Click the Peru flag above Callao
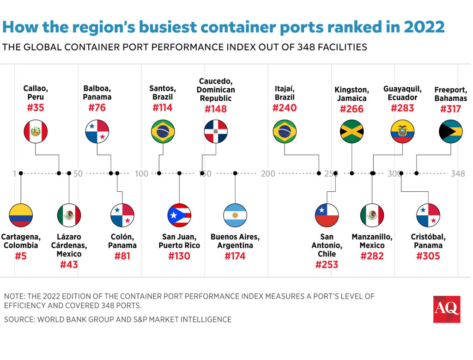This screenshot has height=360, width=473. [36, 132]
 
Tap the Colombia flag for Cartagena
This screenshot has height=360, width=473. [21, 215]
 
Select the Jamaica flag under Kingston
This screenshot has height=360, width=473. [352, 132]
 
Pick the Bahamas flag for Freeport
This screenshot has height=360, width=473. [450, 132]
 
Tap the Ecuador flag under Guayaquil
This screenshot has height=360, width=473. [402, 132]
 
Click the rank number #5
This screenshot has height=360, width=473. [21, 256]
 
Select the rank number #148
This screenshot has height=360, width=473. [216, 109]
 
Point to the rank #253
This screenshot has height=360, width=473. [327, 264]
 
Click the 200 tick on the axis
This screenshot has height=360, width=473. [268, 174]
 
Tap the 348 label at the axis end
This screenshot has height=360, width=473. [458, 174]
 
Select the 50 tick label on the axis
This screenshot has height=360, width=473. [78, 174]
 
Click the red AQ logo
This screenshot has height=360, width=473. [446, 309]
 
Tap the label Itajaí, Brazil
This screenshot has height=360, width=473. [284, 93]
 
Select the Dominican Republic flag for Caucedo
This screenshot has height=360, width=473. [216, 132]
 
